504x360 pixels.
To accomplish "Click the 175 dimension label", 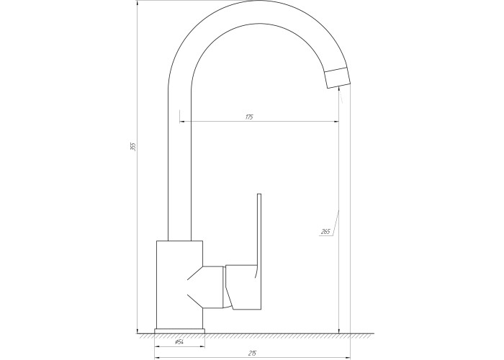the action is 249,117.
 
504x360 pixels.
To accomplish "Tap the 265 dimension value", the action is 325,231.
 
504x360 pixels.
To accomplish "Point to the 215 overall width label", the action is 252,354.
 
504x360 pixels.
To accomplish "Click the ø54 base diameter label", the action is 179,342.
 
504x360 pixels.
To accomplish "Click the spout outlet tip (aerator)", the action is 337,78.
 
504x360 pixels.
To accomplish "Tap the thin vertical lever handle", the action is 259,235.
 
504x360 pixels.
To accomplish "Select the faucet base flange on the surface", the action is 180,331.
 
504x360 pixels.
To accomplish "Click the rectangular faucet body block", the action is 179,284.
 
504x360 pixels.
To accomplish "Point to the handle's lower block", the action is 243,287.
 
